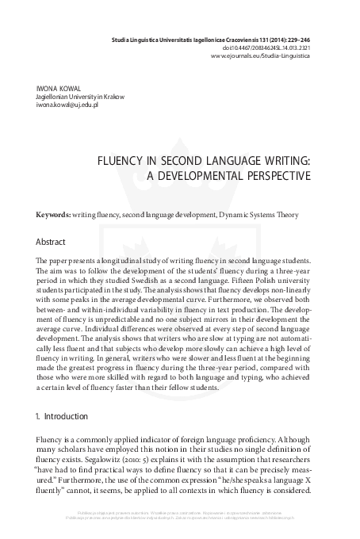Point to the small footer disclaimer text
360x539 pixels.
pos(180,522)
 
